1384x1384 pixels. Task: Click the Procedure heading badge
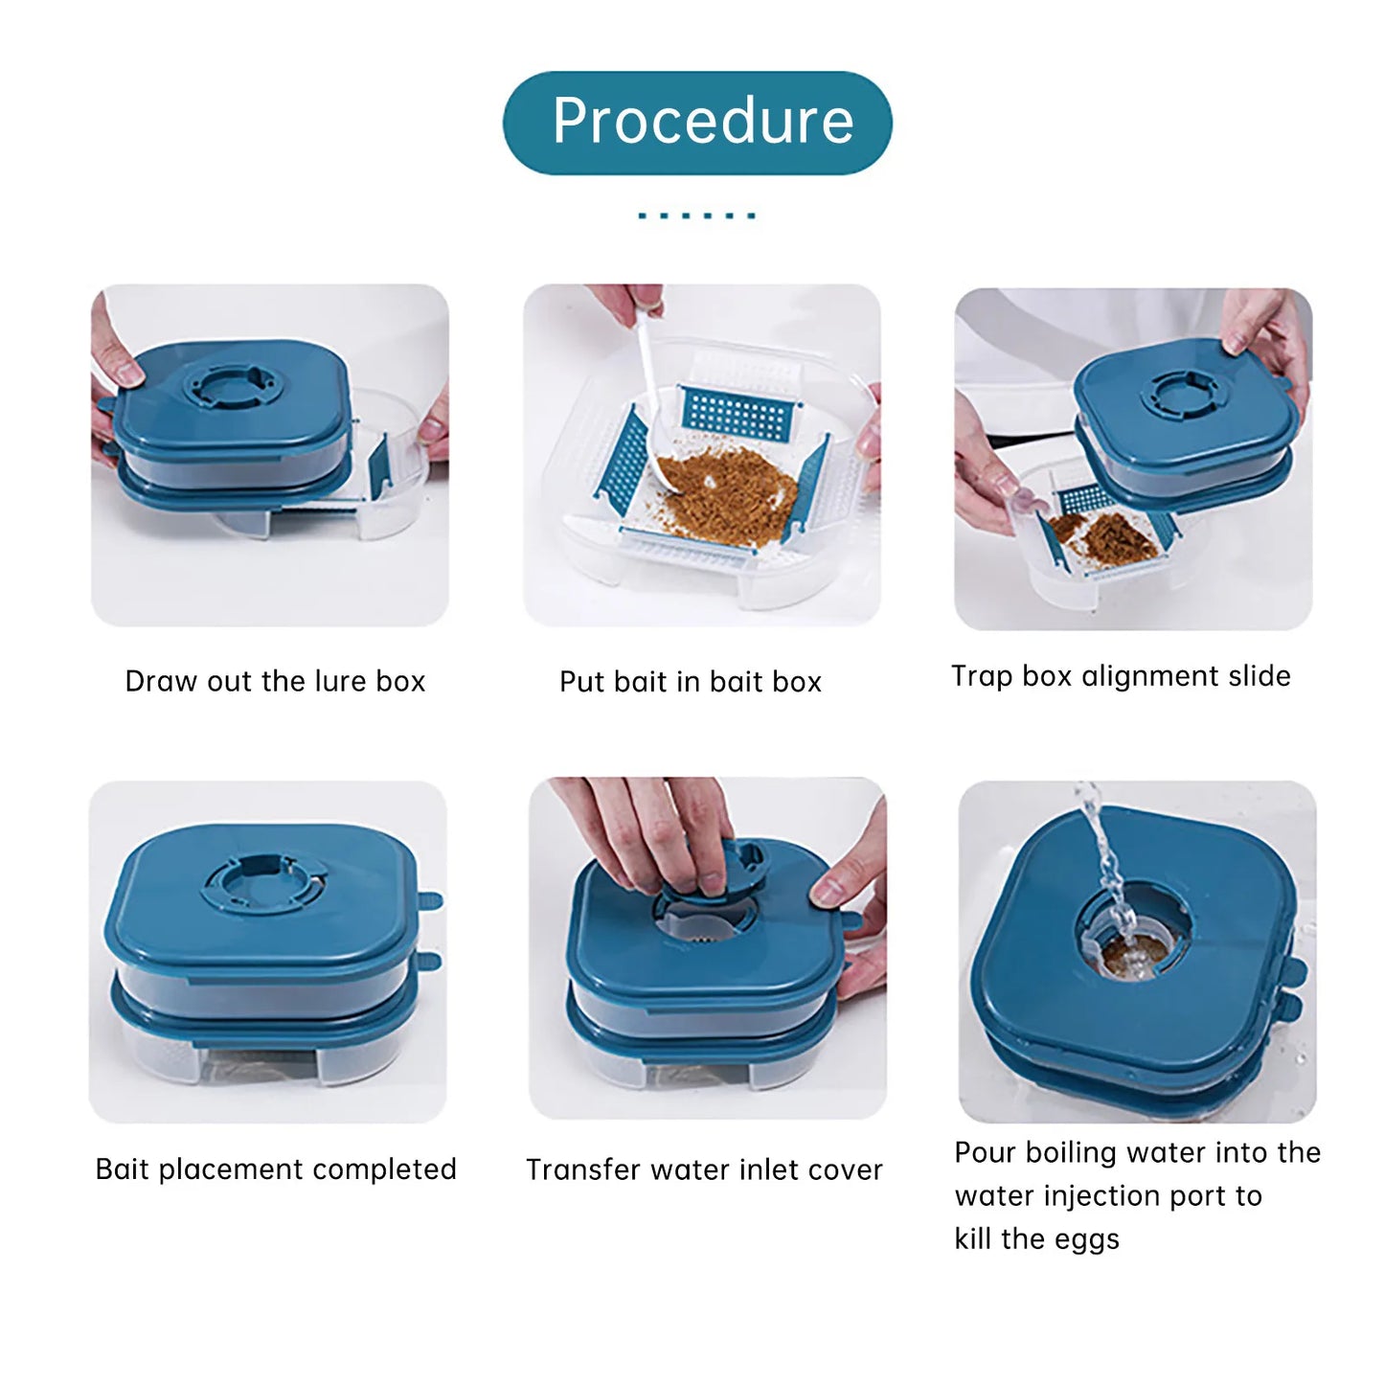tap(696, 123)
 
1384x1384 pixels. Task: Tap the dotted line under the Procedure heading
tap(696, 216)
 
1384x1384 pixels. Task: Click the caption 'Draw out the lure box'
tap(275, 681)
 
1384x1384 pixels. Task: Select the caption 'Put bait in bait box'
tap(691, 682)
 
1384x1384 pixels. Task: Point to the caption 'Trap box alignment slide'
tap(1122, 676)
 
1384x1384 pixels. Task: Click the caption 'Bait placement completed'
tap(276, 1169)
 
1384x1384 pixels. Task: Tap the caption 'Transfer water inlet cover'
tap(704, 1170)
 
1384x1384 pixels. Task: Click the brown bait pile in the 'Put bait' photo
tap(725, 494)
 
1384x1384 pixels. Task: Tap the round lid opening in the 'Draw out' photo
tap(231, 385)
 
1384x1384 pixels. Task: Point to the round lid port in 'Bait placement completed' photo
tap(264, 882)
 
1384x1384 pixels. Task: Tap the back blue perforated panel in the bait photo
tap(739, 416)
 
